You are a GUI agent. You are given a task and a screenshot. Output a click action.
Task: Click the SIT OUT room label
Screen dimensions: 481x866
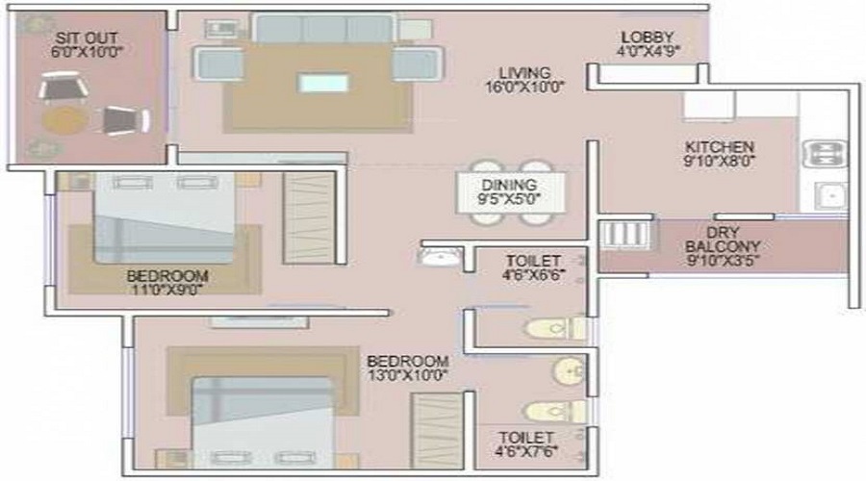[x=89, y=38]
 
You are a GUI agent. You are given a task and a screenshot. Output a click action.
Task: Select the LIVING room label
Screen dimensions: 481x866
[x=524, y=72]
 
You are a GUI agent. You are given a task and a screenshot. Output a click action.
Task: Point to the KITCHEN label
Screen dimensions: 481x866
[x=719, y=147]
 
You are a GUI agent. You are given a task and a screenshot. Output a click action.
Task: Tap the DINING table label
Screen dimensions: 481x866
[x=510, y=185]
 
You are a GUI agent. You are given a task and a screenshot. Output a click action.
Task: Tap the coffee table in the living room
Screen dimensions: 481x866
[x=323, y=83]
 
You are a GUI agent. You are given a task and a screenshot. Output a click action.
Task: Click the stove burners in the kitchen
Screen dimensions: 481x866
[x=825, y=153]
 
